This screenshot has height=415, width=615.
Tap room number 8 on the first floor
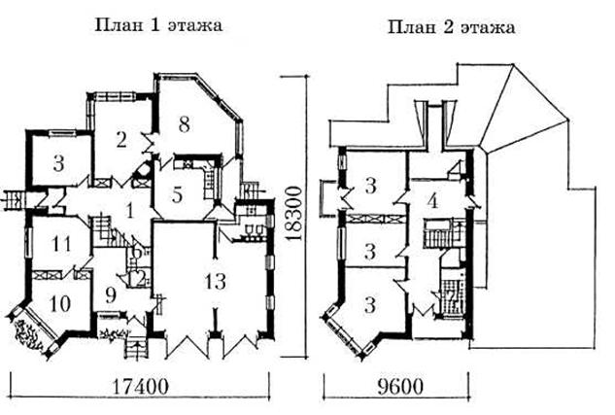point(185,123)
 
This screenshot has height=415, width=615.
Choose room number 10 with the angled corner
point(60,303)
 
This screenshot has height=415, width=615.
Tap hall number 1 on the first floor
point(131,206)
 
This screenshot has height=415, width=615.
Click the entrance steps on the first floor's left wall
point(14,201)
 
